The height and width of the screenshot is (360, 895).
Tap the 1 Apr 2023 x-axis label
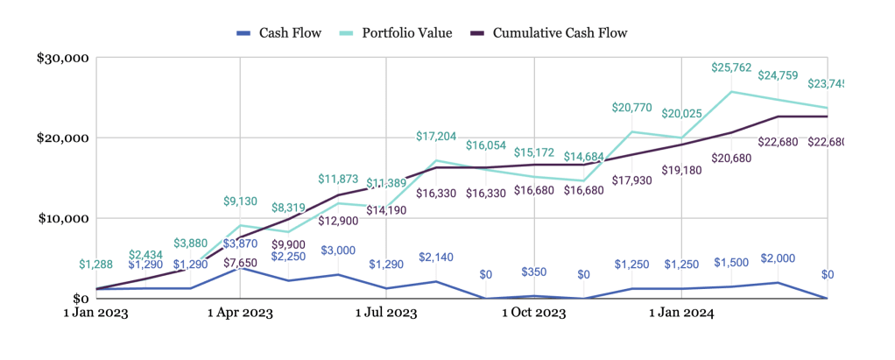click(241, 312)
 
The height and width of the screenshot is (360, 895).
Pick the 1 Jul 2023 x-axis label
click(386, 312)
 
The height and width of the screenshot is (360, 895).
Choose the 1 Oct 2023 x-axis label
click(533, 312)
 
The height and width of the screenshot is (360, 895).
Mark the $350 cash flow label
click(533, 272)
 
